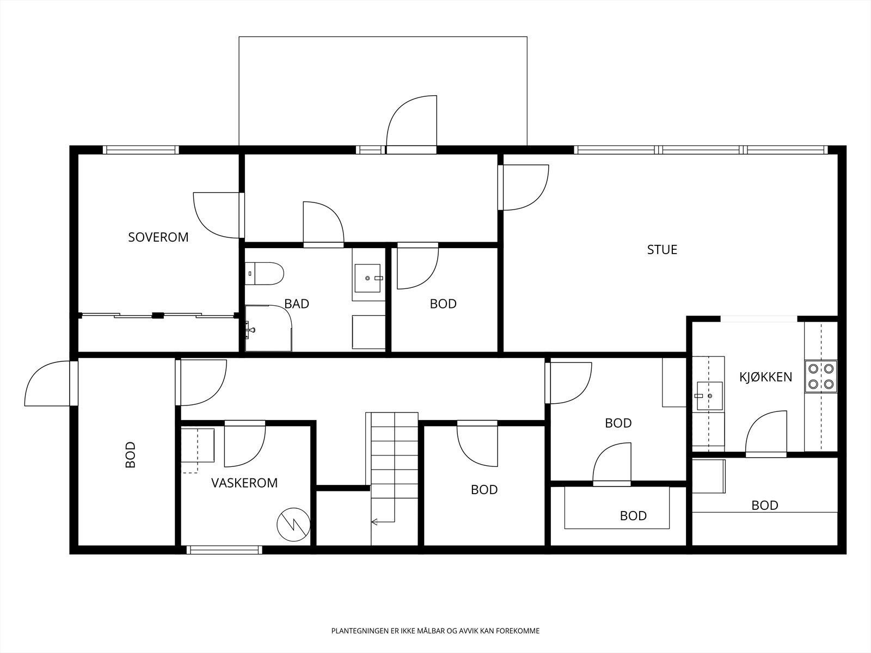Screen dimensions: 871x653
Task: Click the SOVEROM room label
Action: pos(158,237)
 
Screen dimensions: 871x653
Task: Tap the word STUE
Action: pos(662,249)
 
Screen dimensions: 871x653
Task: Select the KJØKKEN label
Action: pos(765,377)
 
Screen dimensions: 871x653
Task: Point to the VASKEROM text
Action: pos(244,483)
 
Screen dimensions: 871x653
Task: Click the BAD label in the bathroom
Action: pos(297,304)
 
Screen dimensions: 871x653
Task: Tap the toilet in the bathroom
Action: pos(264,274)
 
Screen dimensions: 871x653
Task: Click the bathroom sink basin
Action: pos(367,278)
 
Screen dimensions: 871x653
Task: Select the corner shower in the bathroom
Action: pos(268,328)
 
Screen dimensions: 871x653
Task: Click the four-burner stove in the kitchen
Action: pos(820,376)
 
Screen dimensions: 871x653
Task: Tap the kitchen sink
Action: pos(709,396)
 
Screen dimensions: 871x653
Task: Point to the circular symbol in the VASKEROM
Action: pos(293,525)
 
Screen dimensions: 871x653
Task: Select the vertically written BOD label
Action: pos(131,455)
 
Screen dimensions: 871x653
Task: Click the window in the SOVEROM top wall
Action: pos(141,150)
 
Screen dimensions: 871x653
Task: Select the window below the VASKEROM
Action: pos(224,550)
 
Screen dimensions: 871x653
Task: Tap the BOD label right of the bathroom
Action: pos(443,304)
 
